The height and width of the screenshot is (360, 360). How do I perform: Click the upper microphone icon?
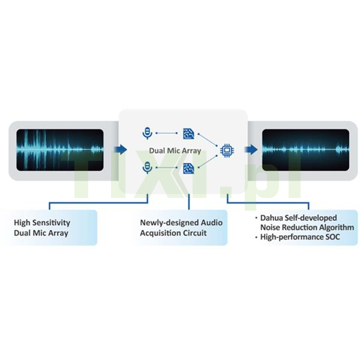[x=148, y=133]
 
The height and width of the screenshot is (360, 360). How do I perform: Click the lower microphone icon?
[x=148, y=167]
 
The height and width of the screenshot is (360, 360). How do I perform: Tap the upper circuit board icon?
[x=188, y=134]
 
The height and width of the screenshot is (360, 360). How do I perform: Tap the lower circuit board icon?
[x=188, y=168]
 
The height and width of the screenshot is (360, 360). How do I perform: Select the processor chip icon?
[x=227, y=151]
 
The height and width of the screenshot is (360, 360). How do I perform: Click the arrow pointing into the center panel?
[x=121, y=149]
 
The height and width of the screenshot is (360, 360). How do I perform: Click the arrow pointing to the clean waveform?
[x=251, y=149]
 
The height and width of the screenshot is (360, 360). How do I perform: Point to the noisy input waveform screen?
[x=60, y=150]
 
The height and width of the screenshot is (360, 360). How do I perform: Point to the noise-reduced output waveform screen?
[x=305, y=150]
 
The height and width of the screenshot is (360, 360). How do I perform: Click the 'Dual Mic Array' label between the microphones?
[x=175, y=151]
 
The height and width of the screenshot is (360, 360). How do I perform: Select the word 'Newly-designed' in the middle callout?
[x=169, y=223]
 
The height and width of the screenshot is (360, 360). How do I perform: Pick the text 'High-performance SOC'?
[x=300, y=237]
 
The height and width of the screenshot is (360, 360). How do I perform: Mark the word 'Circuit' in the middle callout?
[x=194, y=233]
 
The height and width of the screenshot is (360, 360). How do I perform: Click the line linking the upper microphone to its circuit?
[x=167, y=133]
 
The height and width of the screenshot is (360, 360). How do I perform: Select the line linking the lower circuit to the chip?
[x=208, y=161]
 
